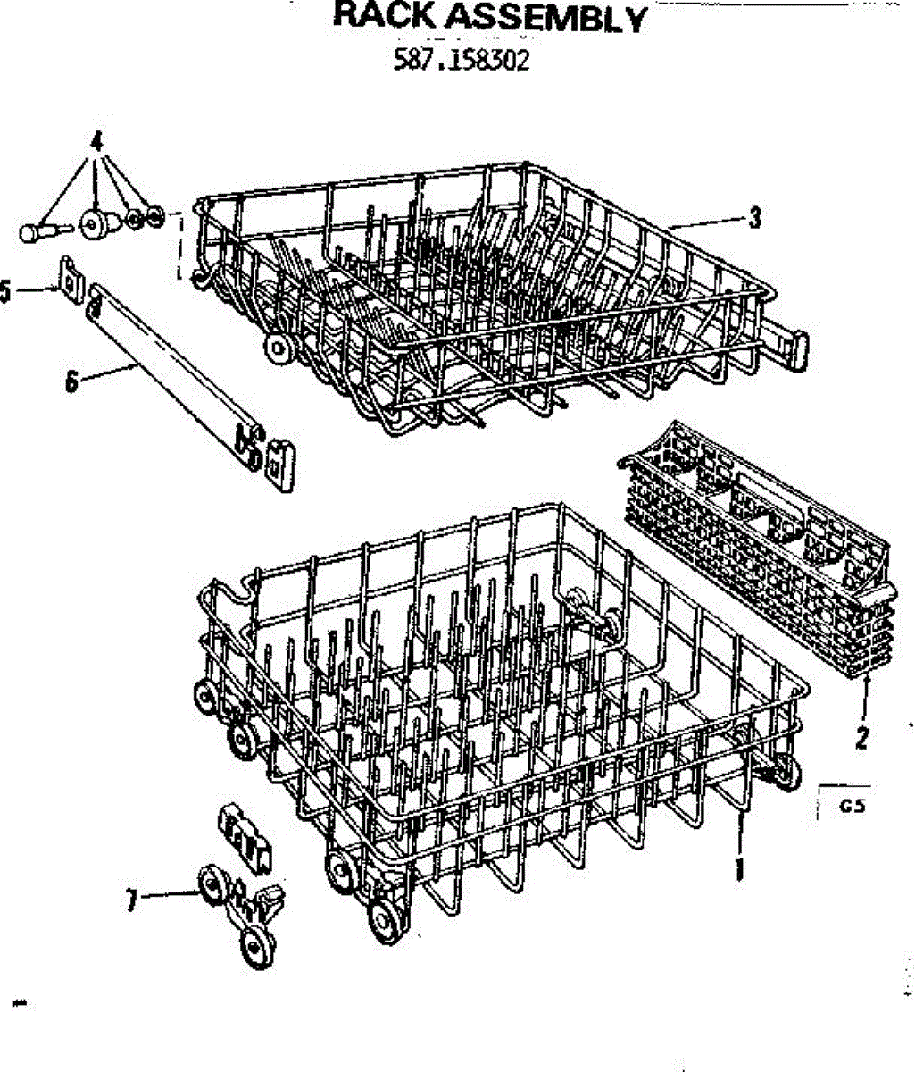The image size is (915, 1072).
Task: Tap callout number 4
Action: [96, 141]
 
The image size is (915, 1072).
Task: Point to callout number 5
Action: [5, 291]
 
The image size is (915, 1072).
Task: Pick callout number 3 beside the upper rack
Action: [755, 216]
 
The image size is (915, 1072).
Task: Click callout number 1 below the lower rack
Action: [739, 868]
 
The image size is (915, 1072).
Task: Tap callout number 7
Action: [131, 900]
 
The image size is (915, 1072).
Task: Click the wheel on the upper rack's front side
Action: [279, 348]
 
